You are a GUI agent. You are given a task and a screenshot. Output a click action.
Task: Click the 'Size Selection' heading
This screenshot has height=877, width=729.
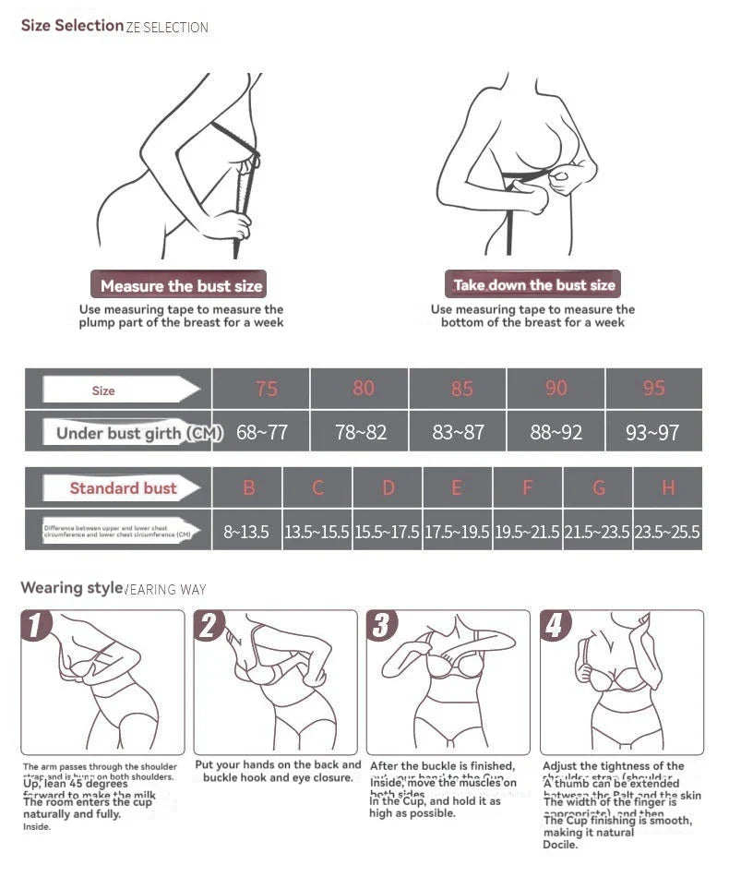[x=72, y=26]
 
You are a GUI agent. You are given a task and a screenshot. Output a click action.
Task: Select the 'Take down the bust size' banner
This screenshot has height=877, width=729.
[x=533, y=284]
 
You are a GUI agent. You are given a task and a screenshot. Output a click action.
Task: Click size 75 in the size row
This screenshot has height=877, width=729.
[x=266, y=389]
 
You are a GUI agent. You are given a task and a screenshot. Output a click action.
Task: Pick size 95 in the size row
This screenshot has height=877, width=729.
[x=653, y=389]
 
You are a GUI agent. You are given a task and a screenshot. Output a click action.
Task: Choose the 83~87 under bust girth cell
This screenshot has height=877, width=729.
[x=458, y=432]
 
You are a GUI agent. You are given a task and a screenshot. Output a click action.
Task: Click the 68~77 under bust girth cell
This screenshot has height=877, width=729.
[x=262, y=432]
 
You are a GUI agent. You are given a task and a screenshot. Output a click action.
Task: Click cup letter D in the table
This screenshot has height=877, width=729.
[x=388, y=488]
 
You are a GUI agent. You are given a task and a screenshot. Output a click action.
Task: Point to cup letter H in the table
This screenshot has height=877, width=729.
[x=667, y=488]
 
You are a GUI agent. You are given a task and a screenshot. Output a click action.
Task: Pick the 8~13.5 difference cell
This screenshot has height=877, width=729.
[x=246, y=532]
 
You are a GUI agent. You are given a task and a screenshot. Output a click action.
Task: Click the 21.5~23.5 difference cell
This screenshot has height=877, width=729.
[x=597, y=532]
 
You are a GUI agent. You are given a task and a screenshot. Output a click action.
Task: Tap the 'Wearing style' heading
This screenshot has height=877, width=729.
[x=71, y=588]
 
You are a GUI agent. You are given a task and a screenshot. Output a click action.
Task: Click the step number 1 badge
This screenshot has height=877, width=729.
[x=36, y=627]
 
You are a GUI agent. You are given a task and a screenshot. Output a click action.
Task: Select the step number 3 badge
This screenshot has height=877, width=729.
[x=382, y=627]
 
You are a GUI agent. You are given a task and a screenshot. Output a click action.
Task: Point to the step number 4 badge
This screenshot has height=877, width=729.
[x=555, y=627]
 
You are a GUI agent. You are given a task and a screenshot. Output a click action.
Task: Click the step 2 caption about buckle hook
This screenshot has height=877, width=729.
[x=278, y=771]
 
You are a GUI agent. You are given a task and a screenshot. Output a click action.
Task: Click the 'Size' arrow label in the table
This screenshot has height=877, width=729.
[x=104, y=390]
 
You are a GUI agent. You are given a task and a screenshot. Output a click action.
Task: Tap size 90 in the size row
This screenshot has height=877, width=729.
[x=556, y=389]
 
